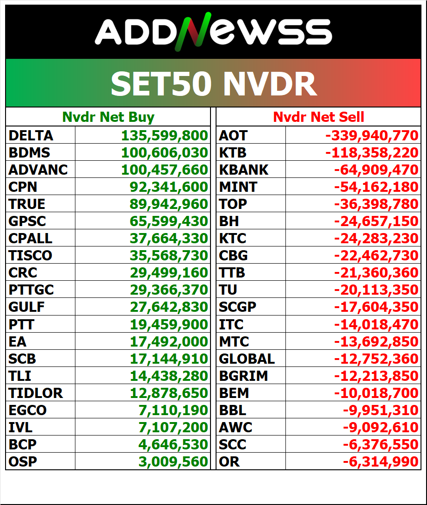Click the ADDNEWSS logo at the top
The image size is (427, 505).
click(213, 32)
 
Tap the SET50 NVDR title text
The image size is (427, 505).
click(213, 84)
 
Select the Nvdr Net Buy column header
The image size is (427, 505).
click(109, 117)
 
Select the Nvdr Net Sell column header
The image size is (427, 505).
click(319, 117)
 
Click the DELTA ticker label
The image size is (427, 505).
click(31, 136)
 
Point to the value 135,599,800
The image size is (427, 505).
click(165, 136)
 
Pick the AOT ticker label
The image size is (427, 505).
click(233, 136)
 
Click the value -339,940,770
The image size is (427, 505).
click(372, 136)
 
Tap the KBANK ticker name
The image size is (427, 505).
click(244, 170)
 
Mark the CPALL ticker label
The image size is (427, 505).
click(31, 239)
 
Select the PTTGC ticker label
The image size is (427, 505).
click(31, 290)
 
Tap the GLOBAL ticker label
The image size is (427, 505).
click(247, 359)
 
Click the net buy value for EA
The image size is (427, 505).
click(169, 341)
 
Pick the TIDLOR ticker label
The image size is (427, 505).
click(36, 393)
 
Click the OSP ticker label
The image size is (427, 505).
click(23, 461)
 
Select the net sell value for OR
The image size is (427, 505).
click(380, 461)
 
